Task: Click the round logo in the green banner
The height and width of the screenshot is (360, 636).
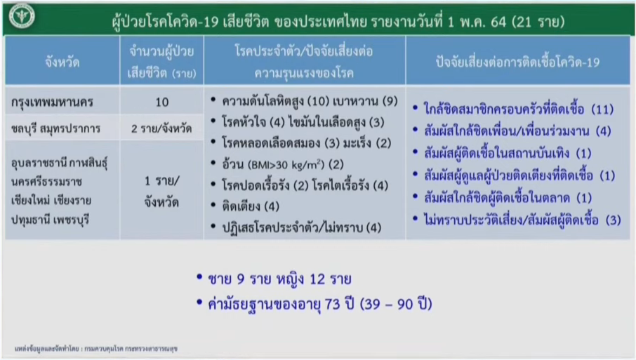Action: click(22, 16)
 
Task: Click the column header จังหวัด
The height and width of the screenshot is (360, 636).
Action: click(62, 62)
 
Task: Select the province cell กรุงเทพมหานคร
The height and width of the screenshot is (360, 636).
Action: click(53, 102)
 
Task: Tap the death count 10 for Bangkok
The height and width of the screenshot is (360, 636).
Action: click(162, 102)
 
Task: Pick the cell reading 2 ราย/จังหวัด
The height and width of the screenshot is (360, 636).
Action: click(161, 128)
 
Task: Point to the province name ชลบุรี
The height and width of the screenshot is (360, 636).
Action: click(24, 128)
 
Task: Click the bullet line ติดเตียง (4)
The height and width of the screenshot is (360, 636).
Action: click(251, 206)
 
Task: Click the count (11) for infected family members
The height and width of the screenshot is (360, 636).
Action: click(602, 109)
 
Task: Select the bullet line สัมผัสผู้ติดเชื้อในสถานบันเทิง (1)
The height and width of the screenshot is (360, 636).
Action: click(508, 153)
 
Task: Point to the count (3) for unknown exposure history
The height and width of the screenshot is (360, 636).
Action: click(614, 220)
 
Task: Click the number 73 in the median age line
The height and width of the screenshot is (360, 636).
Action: click(332, 304)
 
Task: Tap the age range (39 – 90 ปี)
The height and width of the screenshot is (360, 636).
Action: click(396, 304)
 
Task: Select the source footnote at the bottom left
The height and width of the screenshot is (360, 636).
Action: click(96, 349)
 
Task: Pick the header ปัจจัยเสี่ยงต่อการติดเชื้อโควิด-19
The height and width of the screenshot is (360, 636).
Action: click(517, 62)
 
